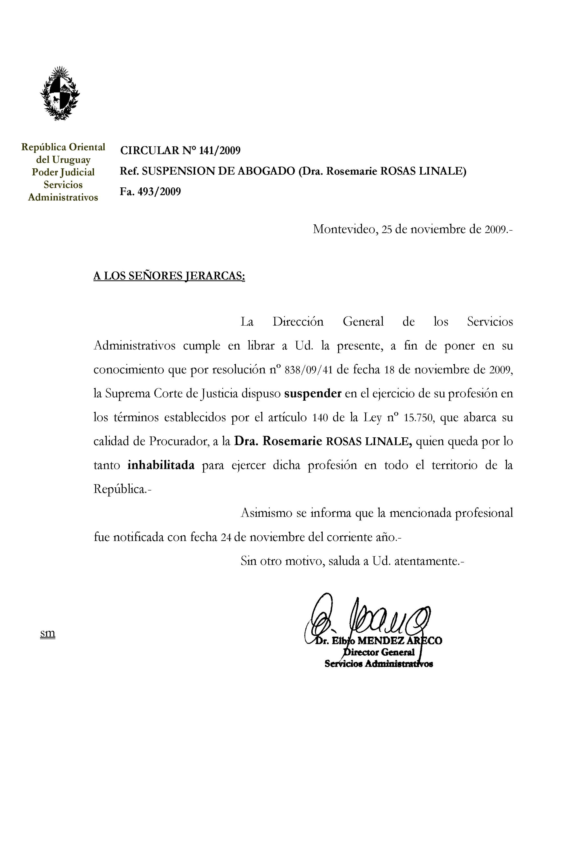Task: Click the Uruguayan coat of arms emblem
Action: [60, 93]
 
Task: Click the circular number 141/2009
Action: [220, 150]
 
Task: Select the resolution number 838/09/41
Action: [308, 370]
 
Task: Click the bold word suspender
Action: [312, 394]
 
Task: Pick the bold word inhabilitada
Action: [161, 465]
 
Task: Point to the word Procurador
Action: [179, 442]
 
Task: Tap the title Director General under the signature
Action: [379, 652]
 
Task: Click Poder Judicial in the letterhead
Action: [63, 172]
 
